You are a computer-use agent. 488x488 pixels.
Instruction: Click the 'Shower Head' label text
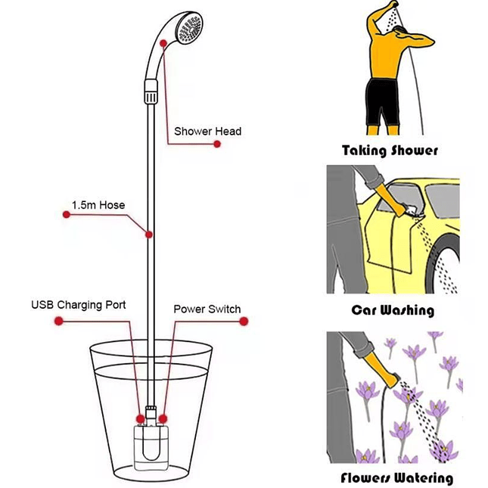pyautogui.click(x=208, y=132)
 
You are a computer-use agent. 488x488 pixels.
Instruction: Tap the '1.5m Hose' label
pyautogui.click(x=98, y=205)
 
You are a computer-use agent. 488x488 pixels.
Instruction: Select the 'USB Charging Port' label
pyautogui.click(x=79, y=306)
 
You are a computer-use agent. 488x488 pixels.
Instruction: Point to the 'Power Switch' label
pyautogui.click(x=207, y=309)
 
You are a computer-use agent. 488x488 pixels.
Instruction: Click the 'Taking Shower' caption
pyautogui.click(x=390, y=150)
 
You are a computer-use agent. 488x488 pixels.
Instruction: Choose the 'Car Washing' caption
pyautogui.click(x=393, y=310)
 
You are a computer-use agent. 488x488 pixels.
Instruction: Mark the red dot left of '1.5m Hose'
pyautogui.click(x=66, y=215)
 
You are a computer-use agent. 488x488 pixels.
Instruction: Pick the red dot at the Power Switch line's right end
pyautogui.click(x=244, y=321)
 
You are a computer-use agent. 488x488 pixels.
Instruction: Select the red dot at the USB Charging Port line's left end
pyautogui.click(x=57, y=321)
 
